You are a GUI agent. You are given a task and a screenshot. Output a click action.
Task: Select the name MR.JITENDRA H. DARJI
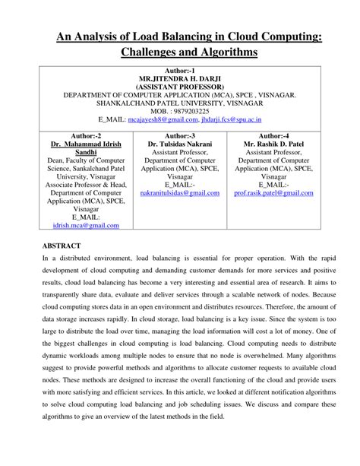click(x=179, y=79)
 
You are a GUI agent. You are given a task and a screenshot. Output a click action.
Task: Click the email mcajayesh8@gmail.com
click(x=163, y=119)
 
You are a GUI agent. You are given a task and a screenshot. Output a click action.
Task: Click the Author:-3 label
click(x=178, y=135)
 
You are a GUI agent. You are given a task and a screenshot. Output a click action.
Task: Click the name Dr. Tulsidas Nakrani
click(x=179, y=143)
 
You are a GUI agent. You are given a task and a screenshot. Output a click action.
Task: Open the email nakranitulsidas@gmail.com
click(x=179, y=193)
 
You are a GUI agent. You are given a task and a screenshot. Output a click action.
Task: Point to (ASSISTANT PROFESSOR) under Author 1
click(x=179, y=87)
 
